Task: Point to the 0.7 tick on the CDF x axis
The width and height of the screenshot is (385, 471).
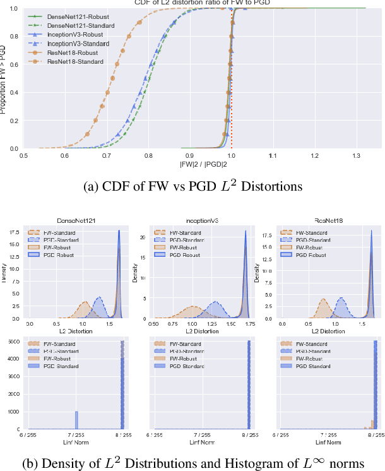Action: (106, 155)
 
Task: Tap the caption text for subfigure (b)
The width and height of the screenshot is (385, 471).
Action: (193, 463)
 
